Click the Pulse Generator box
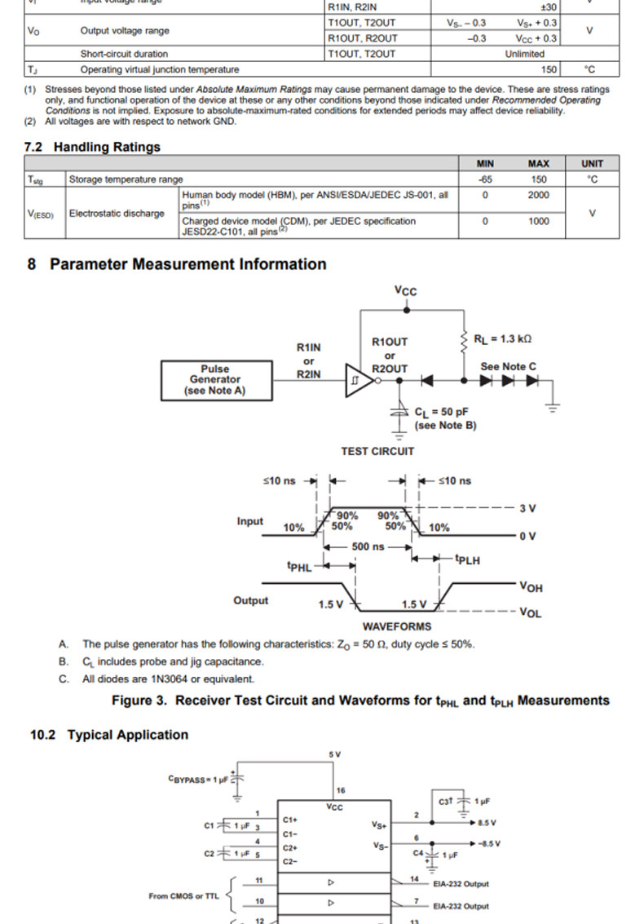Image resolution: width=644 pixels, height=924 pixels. point(215,380)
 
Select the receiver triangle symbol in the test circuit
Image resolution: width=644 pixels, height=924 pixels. point(357,380)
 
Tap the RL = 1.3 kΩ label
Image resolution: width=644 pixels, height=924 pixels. point(503,338)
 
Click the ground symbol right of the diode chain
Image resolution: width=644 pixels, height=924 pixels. point(554,405)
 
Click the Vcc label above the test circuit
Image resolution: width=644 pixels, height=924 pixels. point(405,291)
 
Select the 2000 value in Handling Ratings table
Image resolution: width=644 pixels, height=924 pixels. point(538,196)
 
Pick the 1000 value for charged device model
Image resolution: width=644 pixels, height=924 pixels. point(538,221)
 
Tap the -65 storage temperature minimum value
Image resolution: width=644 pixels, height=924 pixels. point(485,179)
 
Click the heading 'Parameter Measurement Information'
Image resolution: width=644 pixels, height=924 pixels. point(187,264)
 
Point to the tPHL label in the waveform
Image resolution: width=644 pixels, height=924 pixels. point(299,566)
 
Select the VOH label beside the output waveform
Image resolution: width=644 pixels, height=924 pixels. point(530,587)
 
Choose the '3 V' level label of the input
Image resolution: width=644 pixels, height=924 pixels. point(527,509)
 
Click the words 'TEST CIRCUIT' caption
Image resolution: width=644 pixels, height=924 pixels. point(377,451)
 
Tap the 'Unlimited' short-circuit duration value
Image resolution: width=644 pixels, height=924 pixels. point(524,54)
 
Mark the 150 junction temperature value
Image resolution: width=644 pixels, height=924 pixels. point(549,70)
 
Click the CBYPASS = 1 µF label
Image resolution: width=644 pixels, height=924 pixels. point(199,780)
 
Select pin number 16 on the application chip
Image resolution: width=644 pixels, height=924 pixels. point(341,791)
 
